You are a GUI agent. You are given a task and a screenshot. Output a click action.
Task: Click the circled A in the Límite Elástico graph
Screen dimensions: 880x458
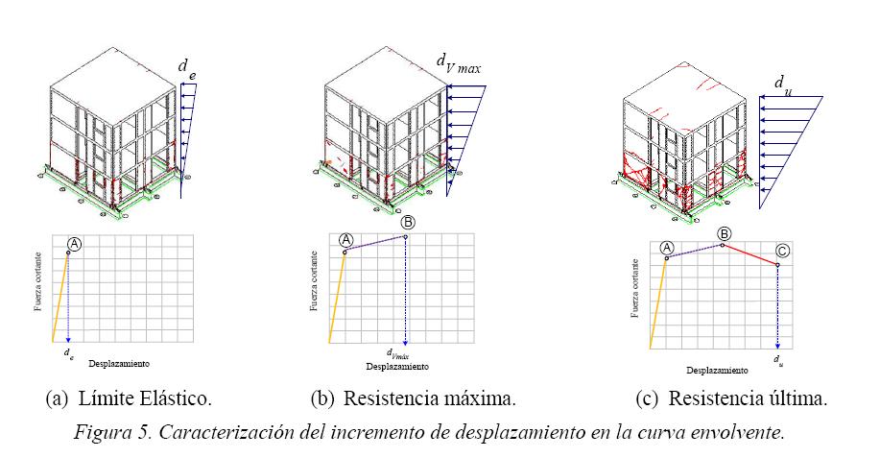coord(76,244)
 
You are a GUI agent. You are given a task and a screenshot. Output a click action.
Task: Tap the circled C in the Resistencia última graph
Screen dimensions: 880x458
coord(783,252)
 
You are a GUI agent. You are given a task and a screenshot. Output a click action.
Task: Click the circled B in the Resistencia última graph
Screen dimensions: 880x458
coord(725,233)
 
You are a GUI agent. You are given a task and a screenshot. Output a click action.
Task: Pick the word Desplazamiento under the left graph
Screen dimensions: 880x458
coord(119,365)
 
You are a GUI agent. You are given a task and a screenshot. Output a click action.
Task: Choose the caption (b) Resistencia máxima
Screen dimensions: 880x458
coord(414,398)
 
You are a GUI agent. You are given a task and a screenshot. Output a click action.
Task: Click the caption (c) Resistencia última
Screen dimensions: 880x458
coord(731,398)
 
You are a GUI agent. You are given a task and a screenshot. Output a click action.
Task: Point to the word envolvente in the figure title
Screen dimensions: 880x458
coord(738,431)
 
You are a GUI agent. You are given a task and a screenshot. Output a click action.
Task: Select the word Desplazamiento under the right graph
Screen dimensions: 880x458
coord(717,370)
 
